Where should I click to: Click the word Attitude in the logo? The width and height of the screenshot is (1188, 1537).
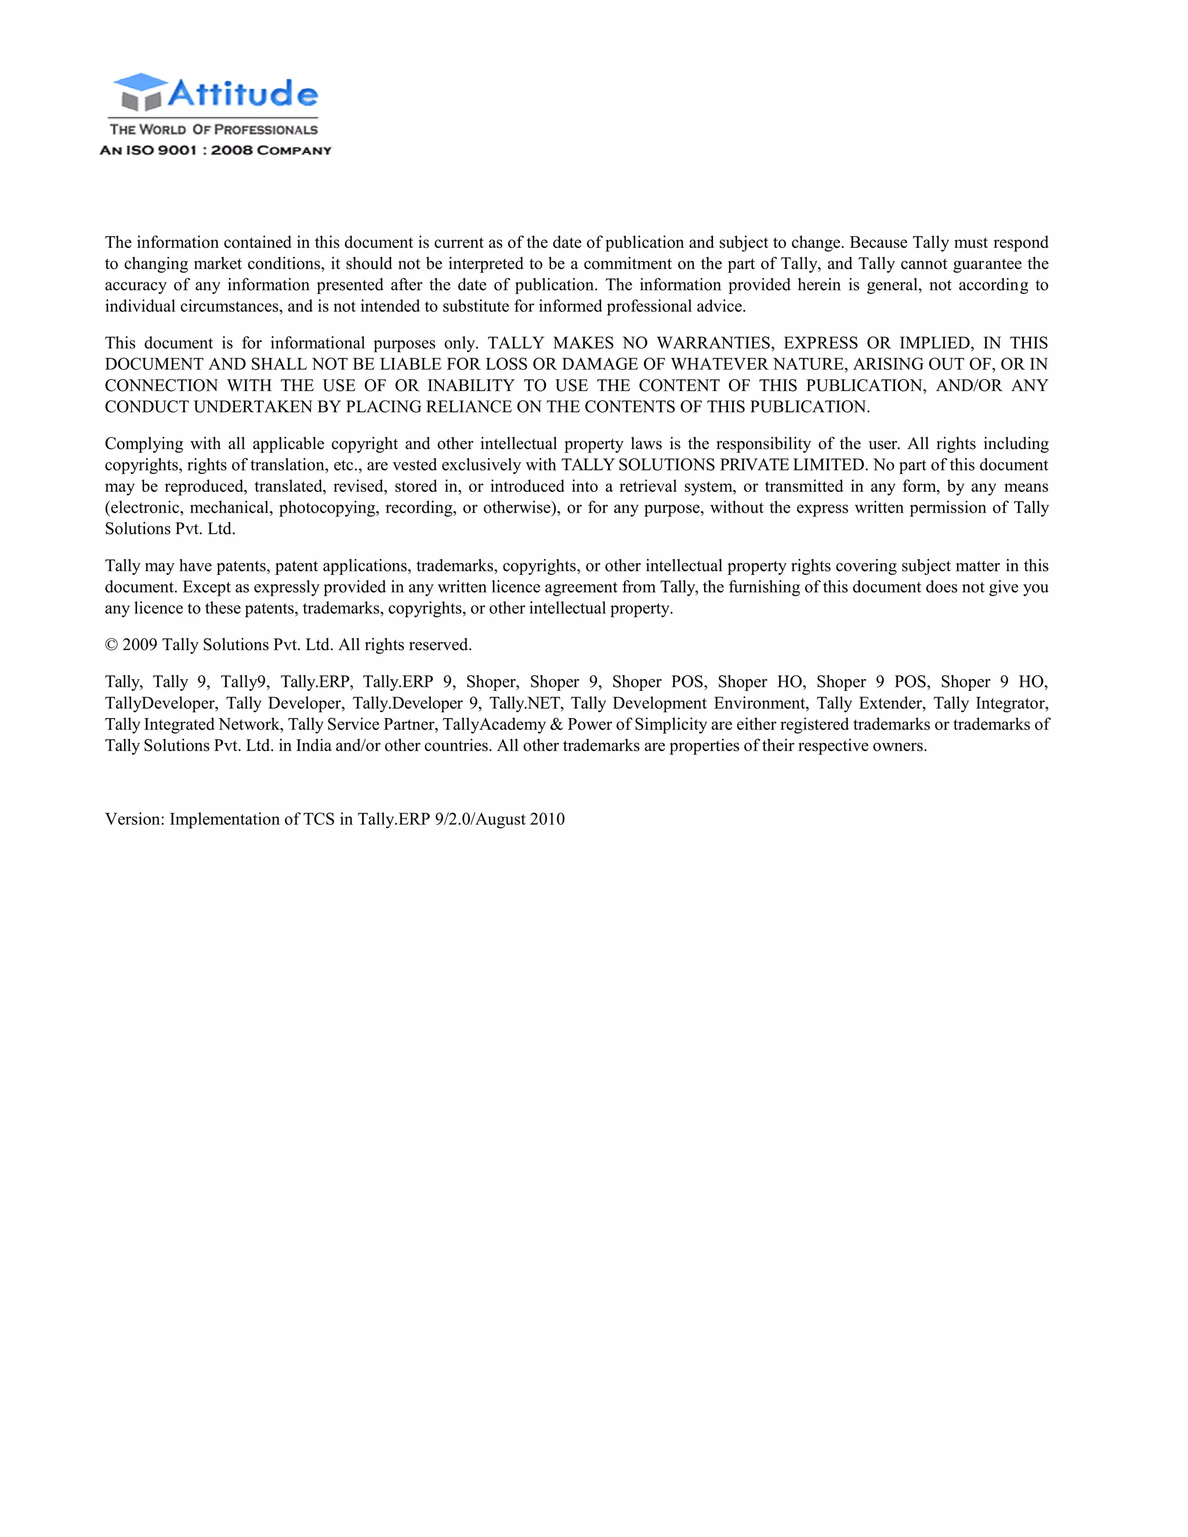click(x=243, y=93)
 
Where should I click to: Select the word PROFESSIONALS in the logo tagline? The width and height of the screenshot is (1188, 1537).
click(x=266, y=129)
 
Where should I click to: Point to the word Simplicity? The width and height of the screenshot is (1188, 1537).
click(x=670, y=724)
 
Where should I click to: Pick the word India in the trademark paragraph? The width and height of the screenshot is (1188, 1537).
click(x=313, y=745)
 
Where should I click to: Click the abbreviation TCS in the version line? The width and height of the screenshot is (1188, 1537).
click(x=319, y=819)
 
